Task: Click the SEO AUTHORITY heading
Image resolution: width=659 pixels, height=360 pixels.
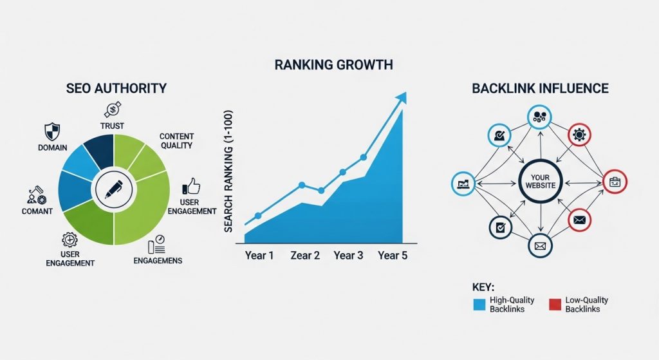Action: click(x=116, y=88)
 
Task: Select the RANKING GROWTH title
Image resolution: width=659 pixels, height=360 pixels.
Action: click(x=333, y=65)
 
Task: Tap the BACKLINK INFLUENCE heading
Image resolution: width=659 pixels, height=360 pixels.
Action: click(x=540, y=88)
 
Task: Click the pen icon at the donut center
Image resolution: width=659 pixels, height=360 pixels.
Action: click(x=113, y=189)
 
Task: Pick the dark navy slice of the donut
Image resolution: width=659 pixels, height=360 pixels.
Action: click(x=98, y=150)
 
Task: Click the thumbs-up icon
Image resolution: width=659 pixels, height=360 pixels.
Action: click(x=192, y=187)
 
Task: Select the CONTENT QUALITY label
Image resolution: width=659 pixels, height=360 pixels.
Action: click(x=177, y=141)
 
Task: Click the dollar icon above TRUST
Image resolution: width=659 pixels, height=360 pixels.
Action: click(x=113, y=109)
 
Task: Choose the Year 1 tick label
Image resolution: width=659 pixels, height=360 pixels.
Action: click(x=259, y=256)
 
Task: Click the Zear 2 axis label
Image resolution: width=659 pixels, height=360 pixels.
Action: click(x=305, y=256)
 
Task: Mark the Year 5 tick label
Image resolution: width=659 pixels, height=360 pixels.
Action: click(x=392, y=256)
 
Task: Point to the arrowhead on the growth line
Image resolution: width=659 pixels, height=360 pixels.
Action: click(x=402, y=97)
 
